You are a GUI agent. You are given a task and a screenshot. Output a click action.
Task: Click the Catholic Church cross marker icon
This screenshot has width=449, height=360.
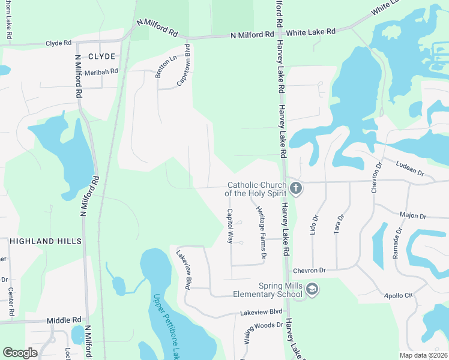pyautogui.click(x=295, y=189)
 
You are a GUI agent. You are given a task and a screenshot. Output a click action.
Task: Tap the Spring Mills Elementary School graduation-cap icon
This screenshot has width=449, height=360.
pyautogui.click(x=312, y=290)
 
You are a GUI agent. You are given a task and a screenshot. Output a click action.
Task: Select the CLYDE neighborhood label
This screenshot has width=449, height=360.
pyautogui.click(x=101, y=56)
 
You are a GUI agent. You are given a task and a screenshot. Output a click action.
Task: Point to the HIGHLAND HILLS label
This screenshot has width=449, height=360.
pyautogui.click(x=46, y=241)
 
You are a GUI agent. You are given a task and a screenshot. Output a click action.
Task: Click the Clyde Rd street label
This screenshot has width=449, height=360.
pyautogui.click(x=59, y=44)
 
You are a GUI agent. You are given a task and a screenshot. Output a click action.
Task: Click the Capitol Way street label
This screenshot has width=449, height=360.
pyautogui.click(x=229, y=226)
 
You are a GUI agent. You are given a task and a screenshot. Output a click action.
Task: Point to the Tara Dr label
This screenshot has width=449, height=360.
pyautogui.click(x=340, y=224)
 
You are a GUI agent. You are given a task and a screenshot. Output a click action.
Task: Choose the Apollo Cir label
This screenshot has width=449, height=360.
pyautogui.click(x=400, y=296)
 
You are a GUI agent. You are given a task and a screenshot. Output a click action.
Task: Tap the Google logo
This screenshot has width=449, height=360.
pyautogui.click(x=20, y=353)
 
